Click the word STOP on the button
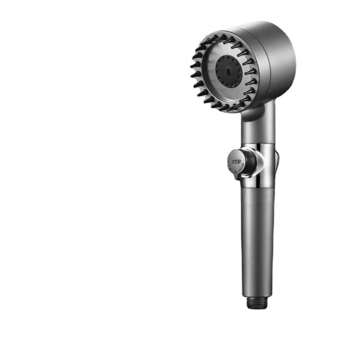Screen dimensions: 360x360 click(x=236, y=162)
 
